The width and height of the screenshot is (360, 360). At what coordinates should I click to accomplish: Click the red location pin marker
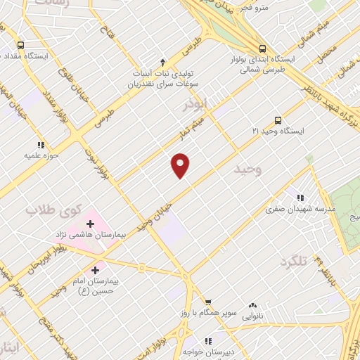(x=181, y=165)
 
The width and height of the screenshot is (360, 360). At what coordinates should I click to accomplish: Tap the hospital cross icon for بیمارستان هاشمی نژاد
(x=91, y=224)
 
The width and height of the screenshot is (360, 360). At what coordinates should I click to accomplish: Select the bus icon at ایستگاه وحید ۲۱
(x=278, y=120)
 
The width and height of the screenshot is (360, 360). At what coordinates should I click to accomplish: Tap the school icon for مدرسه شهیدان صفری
(x=302, y=198)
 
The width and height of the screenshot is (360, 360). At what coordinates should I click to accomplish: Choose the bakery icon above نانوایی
(x=252, y=306)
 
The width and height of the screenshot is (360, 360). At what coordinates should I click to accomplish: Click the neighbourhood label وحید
(x=247, y=169)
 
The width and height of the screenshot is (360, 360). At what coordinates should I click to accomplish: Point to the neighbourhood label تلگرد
(x=294, y=262)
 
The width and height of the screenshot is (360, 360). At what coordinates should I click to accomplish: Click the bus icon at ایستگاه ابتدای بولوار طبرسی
(x=262, y=49)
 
